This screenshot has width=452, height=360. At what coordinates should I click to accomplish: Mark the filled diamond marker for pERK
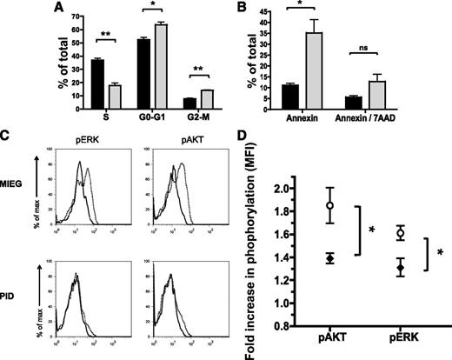click(375, 269)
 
